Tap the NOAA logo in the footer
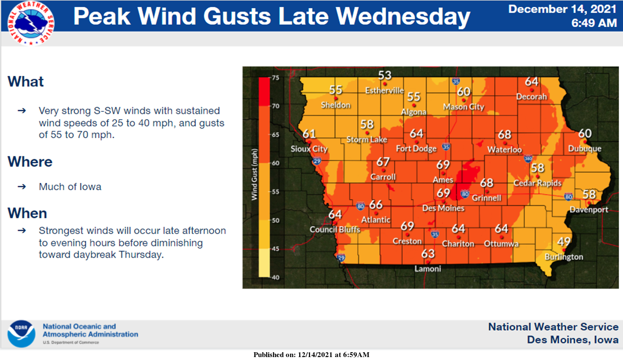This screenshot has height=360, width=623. pos(21,334)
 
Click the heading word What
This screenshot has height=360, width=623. pos(25,82)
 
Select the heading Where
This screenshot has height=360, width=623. pos(30,162)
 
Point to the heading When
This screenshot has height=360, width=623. pos(27,213)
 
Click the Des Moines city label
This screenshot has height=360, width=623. pos(443,208)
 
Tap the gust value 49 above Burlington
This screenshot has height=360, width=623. pos(564,241)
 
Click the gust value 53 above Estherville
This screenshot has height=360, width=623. pos(385,75)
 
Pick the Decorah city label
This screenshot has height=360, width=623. pos(532,97)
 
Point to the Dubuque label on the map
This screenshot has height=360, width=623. pos(585,149)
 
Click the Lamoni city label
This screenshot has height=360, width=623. pos(427,269)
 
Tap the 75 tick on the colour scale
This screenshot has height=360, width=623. pos(275,78)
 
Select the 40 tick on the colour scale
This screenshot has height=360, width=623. pos(275,278)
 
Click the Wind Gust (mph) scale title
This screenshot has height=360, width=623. pos(254,175)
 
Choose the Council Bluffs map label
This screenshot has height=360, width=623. pos(335,229)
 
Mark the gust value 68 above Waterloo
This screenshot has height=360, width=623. pos(505,134)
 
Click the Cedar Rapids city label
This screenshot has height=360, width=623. pos(537,183)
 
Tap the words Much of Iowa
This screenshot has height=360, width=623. pos(70,187)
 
